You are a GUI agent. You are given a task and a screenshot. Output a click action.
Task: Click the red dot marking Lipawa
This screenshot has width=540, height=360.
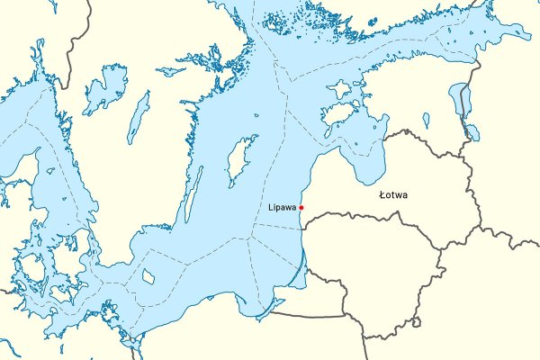tap(301, 208)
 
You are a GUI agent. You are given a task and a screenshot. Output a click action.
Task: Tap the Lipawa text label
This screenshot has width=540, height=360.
tap(283, 208)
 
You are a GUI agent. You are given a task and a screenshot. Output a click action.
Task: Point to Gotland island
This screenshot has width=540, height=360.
tap(240, 158)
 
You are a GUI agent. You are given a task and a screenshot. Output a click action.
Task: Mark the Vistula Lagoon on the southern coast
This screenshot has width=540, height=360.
tap(265, 310)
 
